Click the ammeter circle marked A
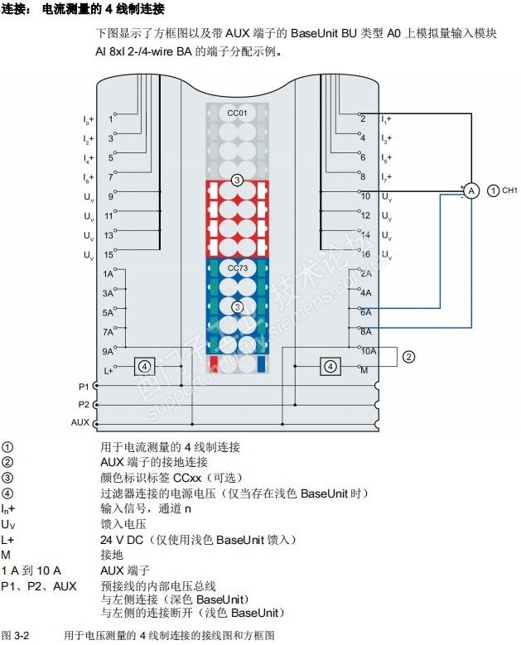click(x=470, y=190)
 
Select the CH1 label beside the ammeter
click(x=509, y=191)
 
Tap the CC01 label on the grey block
click(x=237, y=111)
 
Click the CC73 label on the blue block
click(x=237, y=268)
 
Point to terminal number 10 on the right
click(x=364, y=196)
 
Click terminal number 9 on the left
click(x=110, y=196)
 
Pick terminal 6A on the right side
click(x=366, y=312)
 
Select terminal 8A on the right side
click(x=366, y=331)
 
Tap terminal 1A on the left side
click(x=108, y=272)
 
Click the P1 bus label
click(x=82, y=386)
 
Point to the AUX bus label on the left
click(x=80, y=422)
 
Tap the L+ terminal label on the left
click(x=108, y=370)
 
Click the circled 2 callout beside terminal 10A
click(x=408, y=358)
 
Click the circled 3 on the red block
click(x=237, y=180)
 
